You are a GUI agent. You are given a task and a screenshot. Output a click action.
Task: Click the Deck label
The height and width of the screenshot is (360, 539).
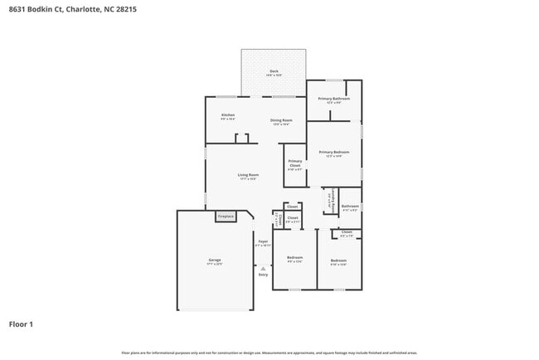coord(274,72)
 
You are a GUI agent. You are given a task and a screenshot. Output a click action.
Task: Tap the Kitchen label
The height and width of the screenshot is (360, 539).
coord(227,115)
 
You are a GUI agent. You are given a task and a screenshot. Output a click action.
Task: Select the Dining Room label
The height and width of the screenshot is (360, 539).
coord(281,121)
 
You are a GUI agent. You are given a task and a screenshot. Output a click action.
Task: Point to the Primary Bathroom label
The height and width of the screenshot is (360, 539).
coord(334,99)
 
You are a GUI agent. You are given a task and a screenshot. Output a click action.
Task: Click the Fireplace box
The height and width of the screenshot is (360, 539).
coord(226,216)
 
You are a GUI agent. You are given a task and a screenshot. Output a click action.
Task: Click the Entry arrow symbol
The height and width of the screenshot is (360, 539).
coord(263,269)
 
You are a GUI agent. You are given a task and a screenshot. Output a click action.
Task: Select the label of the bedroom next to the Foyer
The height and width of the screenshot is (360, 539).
coord(294,258)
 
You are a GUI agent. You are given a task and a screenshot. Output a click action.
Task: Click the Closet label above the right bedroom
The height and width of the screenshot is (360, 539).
coord(347,232)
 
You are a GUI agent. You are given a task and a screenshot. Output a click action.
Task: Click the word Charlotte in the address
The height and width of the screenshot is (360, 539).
coord(83,10)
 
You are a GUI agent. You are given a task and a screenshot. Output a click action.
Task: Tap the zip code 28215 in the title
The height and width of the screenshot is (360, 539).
coord(126,10)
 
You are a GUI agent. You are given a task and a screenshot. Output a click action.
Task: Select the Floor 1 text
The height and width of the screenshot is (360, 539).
coord(21,324)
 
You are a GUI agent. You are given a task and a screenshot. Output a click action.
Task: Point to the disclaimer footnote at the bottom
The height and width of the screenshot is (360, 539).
coord(269,353)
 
